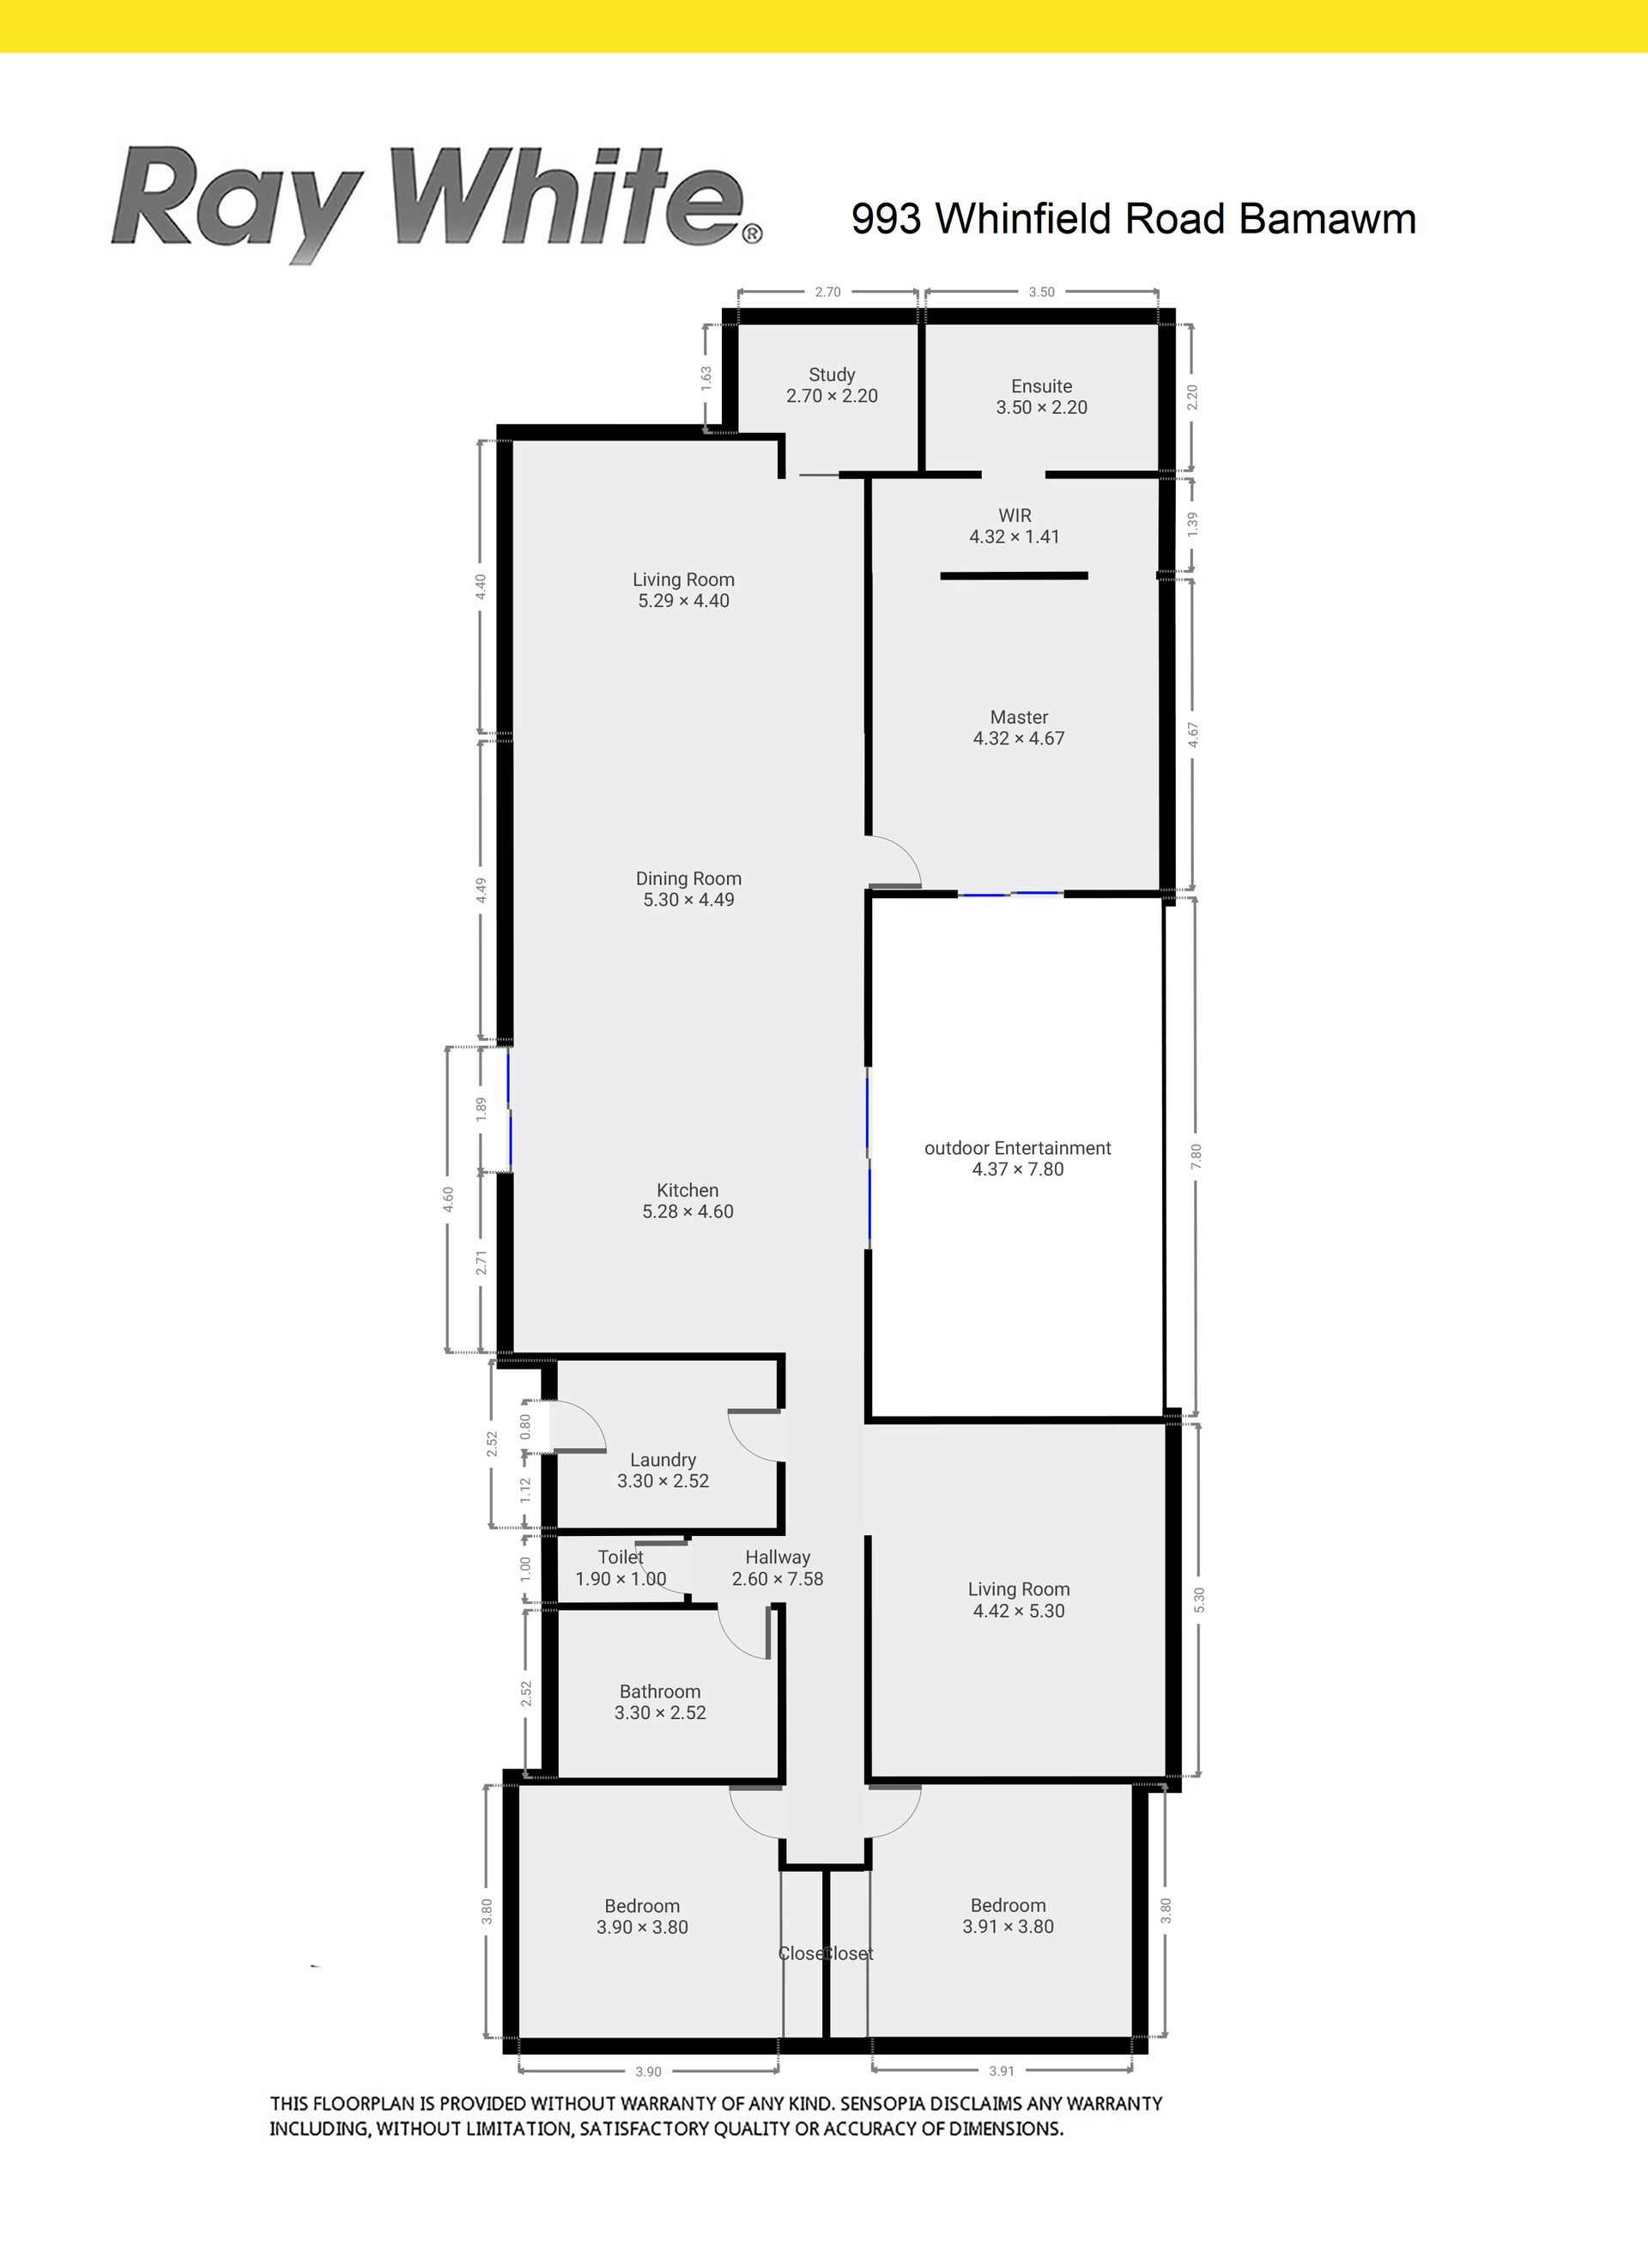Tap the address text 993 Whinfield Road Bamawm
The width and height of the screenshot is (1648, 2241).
click(1133, 218)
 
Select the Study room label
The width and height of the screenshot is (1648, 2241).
click(832, 386)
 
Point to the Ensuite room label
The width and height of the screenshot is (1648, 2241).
click(1041, 396)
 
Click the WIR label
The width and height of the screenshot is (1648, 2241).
click(1015, 525)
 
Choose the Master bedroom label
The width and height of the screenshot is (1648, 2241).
click(1019, 727)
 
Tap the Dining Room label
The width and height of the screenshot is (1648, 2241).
click(688, 889)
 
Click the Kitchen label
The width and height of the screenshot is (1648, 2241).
click(688, 1200)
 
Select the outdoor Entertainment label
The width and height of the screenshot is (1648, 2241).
click(1017, 1158)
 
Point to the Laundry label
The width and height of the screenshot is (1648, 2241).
click(663, 1470)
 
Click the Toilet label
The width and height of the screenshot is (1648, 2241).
click(621, 1568)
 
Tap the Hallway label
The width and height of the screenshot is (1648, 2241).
click(777, 1568)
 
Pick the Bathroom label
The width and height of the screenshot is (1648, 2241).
click(659, 1701)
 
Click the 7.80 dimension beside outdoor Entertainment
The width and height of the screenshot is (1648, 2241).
click(1197, 1157)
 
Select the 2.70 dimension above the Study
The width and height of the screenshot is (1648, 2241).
click(828, 292)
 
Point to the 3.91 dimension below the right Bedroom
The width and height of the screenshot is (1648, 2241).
click(1002, 2071)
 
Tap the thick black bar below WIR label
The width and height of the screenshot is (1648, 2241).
click(1014, 576)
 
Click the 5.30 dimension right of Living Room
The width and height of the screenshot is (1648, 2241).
click(1199, 1600)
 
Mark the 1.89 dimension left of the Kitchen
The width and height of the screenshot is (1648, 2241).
click(481, 1109)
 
